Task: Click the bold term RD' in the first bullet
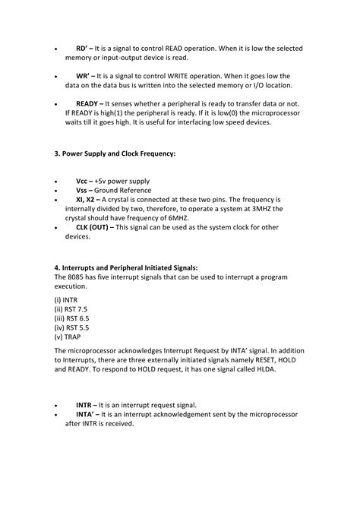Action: click(x=83, y=48)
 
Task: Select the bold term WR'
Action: click(x=84, y=77)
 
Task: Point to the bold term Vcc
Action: click(x=82, y=182)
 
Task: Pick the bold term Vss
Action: click(x=82, y=191)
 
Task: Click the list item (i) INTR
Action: click(x=66, y=300)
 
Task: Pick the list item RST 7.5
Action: click(x=71, y=309)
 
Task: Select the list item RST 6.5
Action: click(x=71, y=318)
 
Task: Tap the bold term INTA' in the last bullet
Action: click(x=85, y=415)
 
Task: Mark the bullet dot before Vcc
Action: click(x=55, y=182)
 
